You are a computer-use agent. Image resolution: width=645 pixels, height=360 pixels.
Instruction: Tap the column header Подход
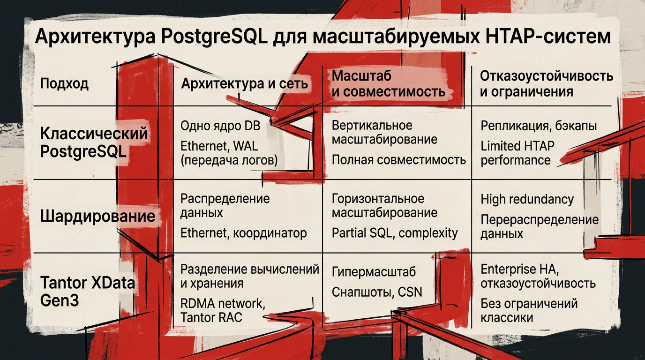(64, 84)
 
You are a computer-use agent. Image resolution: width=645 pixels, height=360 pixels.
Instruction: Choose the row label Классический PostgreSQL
(94, 142)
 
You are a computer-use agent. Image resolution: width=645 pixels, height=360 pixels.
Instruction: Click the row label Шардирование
(97, 216)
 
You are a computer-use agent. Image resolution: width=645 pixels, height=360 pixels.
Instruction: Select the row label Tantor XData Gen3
(87, 291)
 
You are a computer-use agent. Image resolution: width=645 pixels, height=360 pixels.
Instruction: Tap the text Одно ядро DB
(220, 126)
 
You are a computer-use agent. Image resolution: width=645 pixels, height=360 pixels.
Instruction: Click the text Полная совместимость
(398, 160)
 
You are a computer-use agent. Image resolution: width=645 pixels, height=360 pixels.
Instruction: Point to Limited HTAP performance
(517, 153)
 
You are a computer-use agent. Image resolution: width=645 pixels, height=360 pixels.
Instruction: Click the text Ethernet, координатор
(243, 233)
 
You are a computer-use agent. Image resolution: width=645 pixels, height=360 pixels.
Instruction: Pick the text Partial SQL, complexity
(395, 233)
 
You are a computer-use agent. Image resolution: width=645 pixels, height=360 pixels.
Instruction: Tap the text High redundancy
(527, 199)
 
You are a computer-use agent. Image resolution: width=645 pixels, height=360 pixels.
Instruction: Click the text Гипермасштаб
(374, 272)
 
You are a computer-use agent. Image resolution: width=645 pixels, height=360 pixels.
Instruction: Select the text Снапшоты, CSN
(377, 292)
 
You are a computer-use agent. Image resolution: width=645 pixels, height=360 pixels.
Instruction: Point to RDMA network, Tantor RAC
(222, 310)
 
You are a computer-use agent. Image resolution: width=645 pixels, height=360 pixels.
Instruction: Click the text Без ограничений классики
(529, 310)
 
